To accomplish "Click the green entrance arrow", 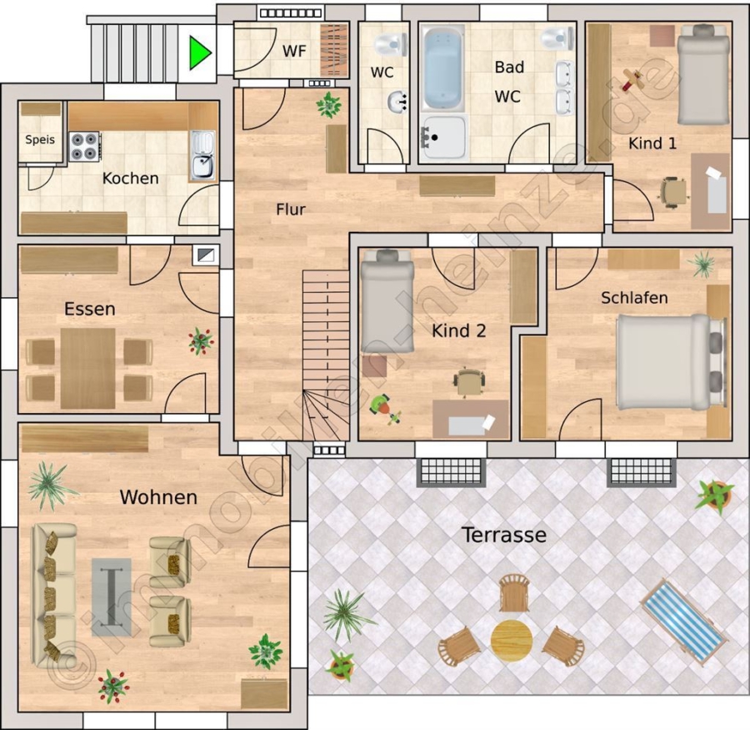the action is [x=198, y=53].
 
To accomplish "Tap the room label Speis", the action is [x=40, y=140].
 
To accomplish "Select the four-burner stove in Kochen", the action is [x=85, y=147].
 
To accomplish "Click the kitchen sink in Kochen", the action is [x=202, y=156].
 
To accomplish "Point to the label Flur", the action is [x=290, y=209].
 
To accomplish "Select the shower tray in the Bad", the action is [x=443, y=137].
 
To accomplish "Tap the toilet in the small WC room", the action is [x=391, y=44].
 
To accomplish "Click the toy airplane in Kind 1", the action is [x=632, y=80].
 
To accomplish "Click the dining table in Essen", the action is [x=88, y=369].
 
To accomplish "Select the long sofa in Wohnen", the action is [x=54, y=596].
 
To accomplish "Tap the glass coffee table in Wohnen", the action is [x=112, y=597].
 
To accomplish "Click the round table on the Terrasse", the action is [x=512, y=641].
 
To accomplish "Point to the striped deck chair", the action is [x=684, y=622].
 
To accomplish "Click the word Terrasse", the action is [x=503, y=535].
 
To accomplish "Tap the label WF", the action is [x=294, y=51].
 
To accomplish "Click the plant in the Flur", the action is [x=329, y=104].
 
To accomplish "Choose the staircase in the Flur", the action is [x=326, y=355].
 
